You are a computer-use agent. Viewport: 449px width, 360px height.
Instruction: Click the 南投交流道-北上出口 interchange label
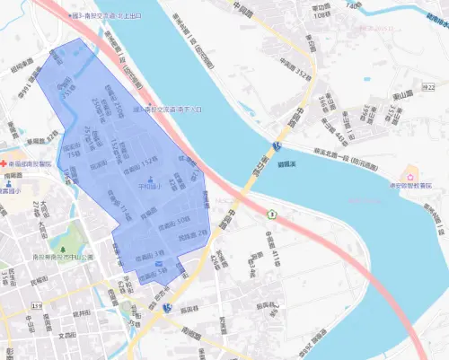point(117,16)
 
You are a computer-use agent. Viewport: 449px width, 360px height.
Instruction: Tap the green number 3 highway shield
point(270,214)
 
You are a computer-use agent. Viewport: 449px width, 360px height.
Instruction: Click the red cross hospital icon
point(4,163)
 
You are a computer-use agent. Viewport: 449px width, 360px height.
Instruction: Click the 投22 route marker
point(279,145)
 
